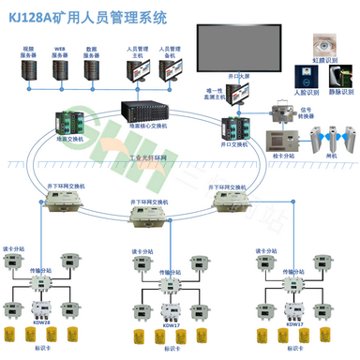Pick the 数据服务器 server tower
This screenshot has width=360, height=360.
93,68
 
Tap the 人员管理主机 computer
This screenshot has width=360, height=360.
138,68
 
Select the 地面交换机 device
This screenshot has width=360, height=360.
70,122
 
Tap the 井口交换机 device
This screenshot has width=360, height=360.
234,127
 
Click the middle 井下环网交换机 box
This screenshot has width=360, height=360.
150,217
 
